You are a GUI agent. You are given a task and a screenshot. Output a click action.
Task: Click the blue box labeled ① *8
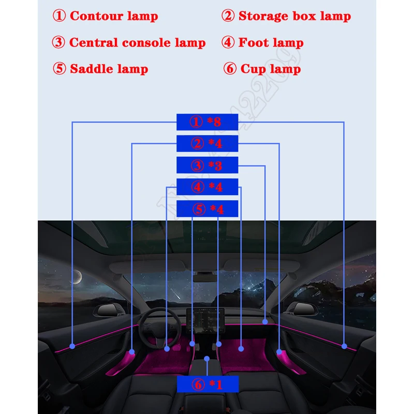coord(207,122)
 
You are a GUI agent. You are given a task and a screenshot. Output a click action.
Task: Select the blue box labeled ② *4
coord(207,143)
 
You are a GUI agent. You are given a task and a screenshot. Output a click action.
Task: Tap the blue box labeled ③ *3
coord(207,165)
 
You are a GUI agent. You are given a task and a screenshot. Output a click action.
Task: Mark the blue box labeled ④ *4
coord(207,187)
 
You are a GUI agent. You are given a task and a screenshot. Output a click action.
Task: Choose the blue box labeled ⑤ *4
coord(207,209)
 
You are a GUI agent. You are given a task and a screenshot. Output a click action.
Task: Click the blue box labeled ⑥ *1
coord(207,384)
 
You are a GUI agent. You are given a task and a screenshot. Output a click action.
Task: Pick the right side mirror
coord(302,309)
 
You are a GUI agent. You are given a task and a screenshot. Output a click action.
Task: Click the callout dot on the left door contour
coord(72,346)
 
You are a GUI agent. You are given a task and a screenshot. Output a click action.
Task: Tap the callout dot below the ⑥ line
coord(207,358)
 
